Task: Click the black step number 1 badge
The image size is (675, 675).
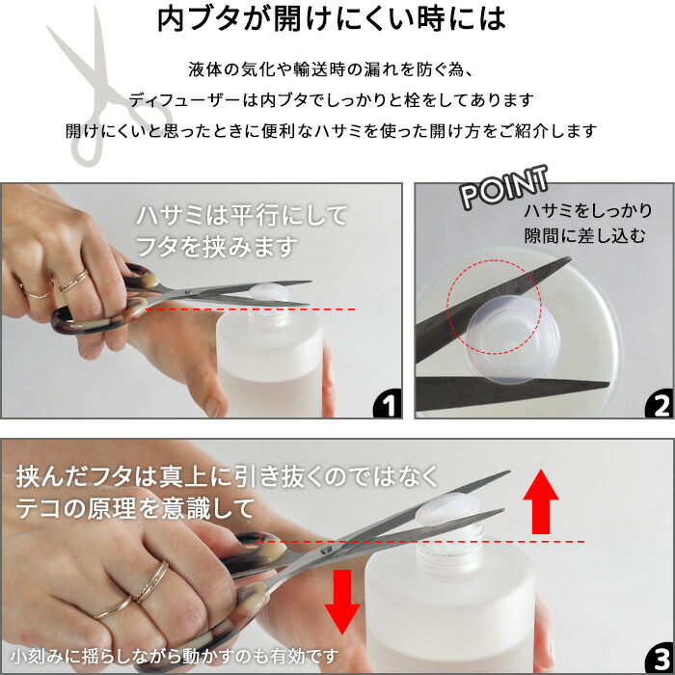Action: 389,404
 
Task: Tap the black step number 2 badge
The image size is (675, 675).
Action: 660,404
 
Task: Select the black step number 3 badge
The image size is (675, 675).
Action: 660,660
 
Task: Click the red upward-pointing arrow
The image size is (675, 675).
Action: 541,502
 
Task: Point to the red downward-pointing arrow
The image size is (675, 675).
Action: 342,602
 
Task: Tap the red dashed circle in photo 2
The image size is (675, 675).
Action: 447,307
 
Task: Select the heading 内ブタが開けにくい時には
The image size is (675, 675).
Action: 332,19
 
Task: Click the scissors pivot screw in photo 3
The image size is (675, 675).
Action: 326,550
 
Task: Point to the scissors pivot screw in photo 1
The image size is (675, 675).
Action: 188,292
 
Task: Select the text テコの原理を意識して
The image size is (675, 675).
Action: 135,509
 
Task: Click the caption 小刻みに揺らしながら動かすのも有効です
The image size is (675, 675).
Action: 175,657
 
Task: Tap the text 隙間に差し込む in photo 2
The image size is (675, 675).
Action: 585,236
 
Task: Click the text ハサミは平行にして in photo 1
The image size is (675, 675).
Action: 241,215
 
